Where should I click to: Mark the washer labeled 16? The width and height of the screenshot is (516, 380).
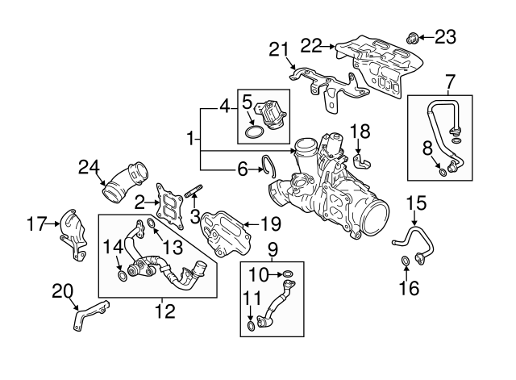(x=406, y=261)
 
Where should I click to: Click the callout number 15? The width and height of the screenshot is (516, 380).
(x=414, y=202)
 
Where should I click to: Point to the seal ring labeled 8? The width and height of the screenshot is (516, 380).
(x=443, y=171)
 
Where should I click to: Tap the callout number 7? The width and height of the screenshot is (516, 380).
(x=450, y=81)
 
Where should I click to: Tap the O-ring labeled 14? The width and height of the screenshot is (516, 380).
(x=122, y=278)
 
